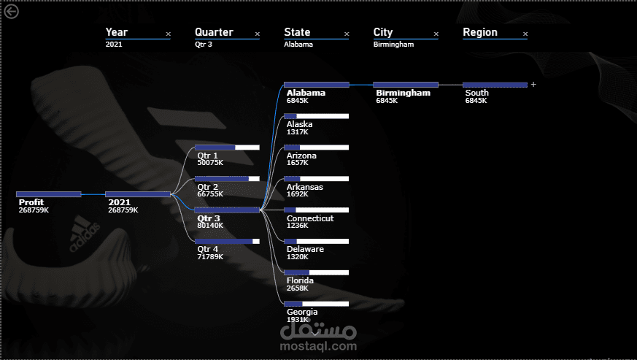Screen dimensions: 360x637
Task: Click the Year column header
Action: point(117,32)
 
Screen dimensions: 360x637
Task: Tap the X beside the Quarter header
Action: point(257,34)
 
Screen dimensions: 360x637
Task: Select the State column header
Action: point(297,32)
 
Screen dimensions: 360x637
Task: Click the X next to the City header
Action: point(436,34)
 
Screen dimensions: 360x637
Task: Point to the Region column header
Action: point(480,32)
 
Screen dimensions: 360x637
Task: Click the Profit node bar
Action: point(48,194)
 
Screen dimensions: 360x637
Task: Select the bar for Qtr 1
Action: point(227,148)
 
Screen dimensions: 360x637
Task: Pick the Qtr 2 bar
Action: point(227,179)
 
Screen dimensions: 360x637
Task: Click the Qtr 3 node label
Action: point(209,218)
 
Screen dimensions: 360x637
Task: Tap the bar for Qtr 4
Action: point(227,241)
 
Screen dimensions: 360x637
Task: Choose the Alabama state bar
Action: point(316,85)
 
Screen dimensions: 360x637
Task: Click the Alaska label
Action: point(299,124)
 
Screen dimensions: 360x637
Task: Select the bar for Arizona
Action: point(316,148)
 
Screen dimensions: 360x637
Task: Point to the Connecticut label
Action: point(310,218)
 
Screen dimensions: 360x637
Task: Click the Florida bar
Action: point(316,272)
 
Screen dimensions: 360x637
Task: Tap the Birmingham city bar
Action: point(405,85)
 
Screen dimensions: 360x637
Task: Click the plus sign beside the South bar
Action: point(533,85)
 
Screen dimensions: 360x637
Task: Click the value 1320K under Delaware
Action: point(298,257)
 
